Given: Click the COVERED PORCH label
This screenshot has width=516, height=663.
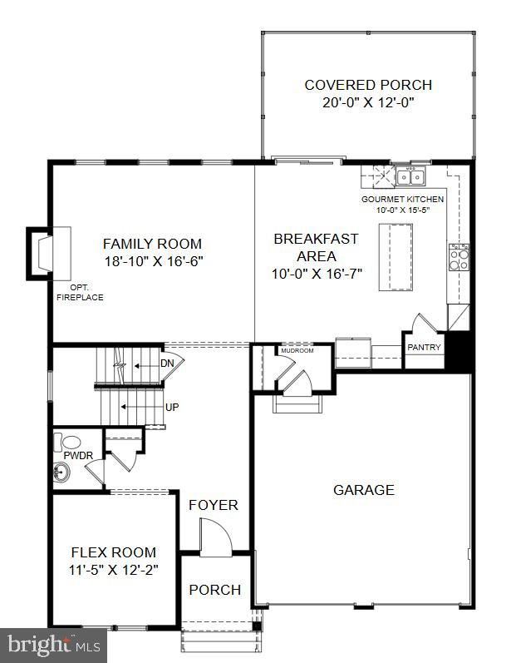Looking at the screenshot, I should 368,85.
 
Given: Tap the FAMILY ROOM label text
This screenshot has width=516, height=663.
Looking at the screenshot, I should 152,244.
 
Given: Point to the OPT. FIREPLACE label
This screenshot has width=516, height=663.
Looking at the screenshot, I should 81,292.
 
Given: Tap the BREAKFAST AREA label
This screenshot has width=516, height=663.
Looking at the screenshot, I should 316,247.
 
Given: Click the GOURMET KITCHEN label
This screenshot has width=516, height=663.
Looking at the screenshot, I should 402,200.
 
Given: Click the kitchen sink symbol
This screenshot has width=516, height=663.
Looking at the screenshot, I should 409,176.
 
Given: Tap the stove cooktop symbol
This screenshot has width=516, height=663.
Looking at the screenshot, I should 458,257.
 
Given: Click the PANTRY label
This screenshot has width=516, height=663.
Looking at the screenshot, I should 424,347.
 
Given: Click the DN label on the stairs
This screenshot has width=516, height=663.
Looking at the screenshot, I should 167,364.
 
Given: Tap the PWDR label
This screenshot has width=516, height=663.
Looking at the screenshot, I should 74,456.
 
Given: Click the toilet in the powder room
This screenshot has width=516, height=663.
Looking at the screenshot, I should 67,441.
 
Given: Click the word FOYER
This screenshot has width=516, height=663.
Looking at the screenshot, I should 213,505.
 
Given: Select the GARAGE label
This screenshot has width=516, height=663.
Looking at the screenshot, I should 363,490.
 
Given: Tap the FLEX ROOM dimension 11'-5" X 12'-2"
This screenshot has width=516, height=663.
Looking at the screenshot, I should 113,570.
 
